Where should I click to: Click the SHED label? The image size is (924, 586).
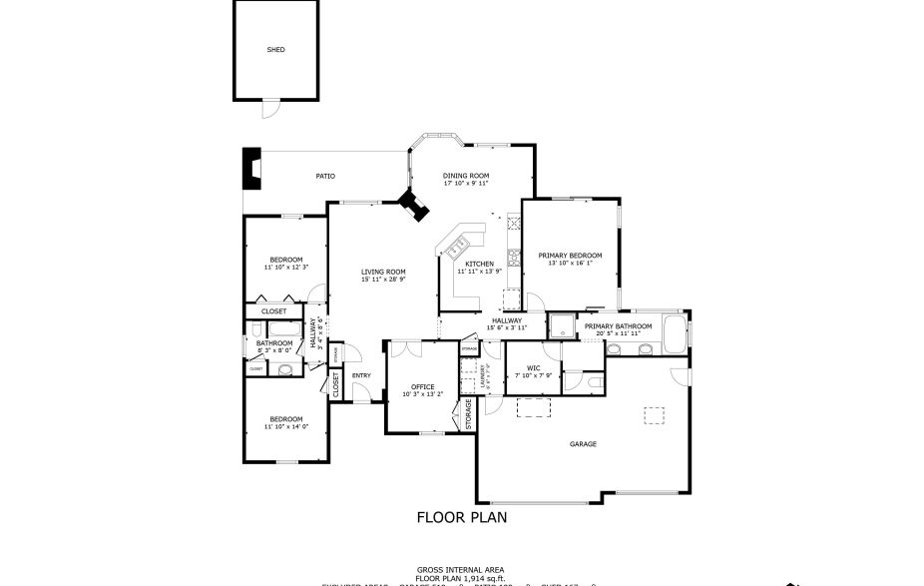pos(275,49)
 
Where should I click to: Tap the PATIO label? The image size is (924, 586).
pos(325,176)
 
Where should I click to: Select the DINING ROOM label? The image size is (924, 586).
pos(466,176)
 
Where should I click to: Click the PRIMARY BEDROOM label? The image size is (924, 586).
pos(570,256)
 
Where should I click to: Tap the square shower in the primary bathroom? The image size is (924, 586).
pos(562,326)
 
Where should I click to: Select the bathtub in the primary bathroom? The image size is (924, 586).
pos(676,332)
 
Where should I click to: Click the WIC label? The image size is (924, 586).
pos(534,368)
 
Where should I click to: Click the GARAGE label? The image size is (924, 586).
pos(583,444)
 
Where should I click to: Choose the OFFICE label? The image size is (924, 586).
pos(423,387)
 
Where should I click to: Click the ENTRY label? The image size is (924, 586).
pos(361,375)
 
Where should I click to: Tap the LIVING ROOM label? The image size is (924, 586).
pos(383,272)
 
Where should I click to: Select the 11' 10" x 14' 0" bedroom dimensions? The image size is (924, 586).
pos(286,426)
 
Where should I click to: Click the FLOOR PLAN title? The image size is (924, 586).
pos(462,517)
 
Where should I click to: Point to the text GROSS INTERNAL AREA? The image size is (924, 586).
pos(461,568)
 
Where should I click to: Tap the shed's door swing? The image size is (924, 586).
pos(266,108)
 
